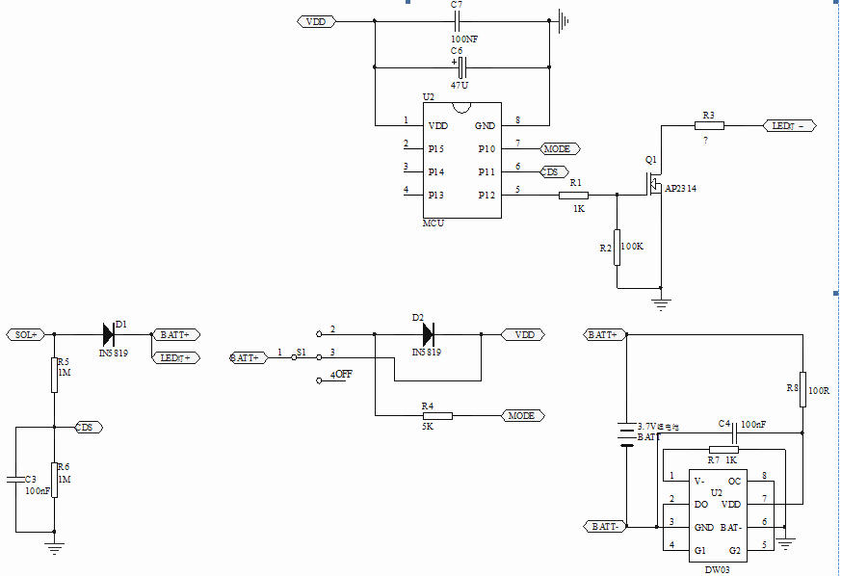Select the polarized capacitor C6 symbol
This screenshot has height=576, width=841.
(x=461, y=67)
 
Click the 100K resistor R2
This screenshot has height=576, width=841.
(x=617, y=246)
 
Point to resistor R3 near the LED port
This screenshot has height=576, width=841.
(x=709, y=125)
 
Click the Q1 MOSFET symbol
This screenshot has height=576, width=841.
(x=652, y=183)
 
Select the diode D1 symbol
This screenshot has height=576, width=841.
(x=109, y=334)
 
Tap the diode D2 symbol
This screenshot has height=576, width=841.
(x=429, y=334)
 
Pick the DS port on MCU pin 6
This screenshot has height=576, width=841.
(x=552, y=171)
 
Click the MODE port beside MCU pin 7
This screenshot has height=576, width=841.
(x=560, y=148)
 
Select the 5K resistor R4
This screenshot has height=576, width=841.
(x=437, y=415)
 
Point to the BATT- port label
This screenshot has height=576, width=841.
(x=604, y=526)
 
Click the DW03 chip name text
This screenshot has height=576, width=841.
(x=717, y=568)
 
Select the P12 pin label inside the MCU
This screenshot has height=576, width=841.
(x=486, y=195)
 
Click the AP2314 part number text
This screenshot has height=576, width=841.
(x=680, y=189)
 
